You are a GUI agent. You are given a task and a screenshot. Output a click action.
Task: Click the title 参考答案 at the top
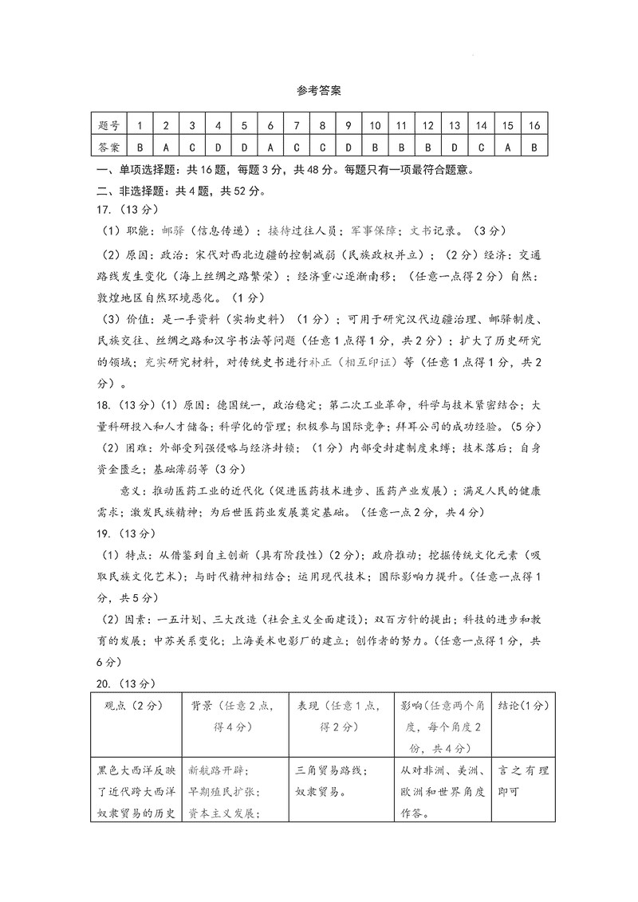pos(318,91)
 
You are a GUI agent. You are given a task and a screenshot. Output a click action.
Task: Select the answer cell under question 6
pos(270,148)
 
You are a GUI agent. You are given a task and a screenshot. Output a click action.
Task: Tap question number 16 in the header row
pos(534,125)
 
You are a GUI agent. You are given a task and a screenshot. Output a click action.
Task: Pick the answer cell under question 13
pos(454,148)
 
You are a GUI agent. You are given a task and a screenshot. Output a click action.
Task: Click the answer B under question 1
pos(140,148)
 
